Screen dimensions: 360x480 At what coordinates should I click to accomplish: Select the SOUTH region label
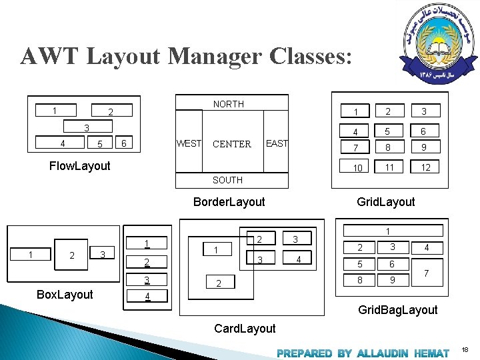tap(227, 180)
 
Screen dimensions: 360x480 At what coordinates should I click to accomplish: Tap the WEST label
tap(189, 143)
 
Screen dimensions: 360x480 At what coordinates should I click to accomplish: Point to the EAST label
tap(277, 143)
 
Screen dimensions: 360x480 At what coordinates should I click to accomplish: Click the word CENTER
tap(231, 144)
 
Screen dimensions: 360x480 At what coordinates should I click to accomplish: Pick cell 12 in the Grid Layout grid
tap(425, 167)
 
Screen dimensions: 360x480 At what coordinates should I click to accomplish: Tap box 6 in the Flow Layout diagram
tap(123, 143)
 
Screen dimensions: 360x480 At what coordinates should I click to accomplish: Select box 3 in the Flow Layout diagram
tap(87, 127)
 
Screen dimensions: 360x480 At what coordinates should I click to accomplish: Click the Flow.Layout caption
tap(80, 166)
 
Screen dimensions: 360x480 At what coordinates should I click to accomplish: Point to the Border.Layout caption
tap(229, 202)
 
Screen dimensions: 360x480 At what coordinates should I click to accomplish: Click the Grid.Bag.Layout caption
tap(397, 310)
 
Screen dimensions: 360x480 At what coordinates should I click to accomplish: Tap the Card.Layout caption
tap(245, 328)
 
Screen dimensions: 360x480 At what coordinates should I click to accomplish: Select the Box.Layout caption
tap(65, 295)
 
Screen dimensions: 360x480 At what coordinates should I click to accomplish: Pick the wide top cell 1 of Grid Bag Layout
tap(387, 231)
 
